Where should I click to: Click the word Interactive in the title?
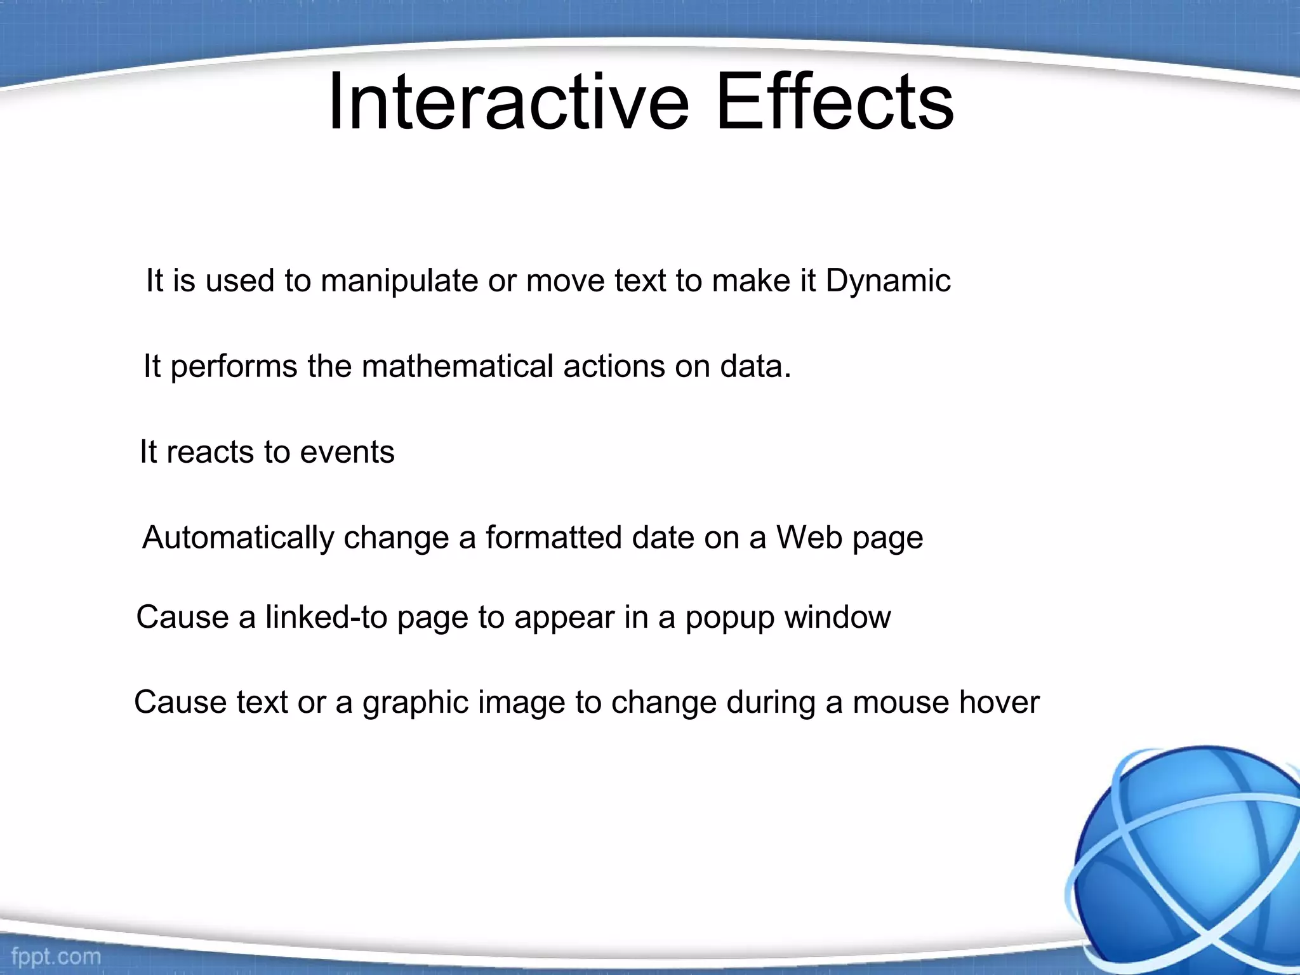click(508, 102)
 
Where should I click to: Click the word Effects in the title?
click(834, 102)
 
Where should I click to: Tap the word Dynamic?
click(887, 281)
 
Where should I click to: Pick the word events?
click(347, 453)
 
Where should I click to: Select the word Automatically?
click(238, 538)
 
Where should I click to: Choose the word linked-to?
click(326, 617)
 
